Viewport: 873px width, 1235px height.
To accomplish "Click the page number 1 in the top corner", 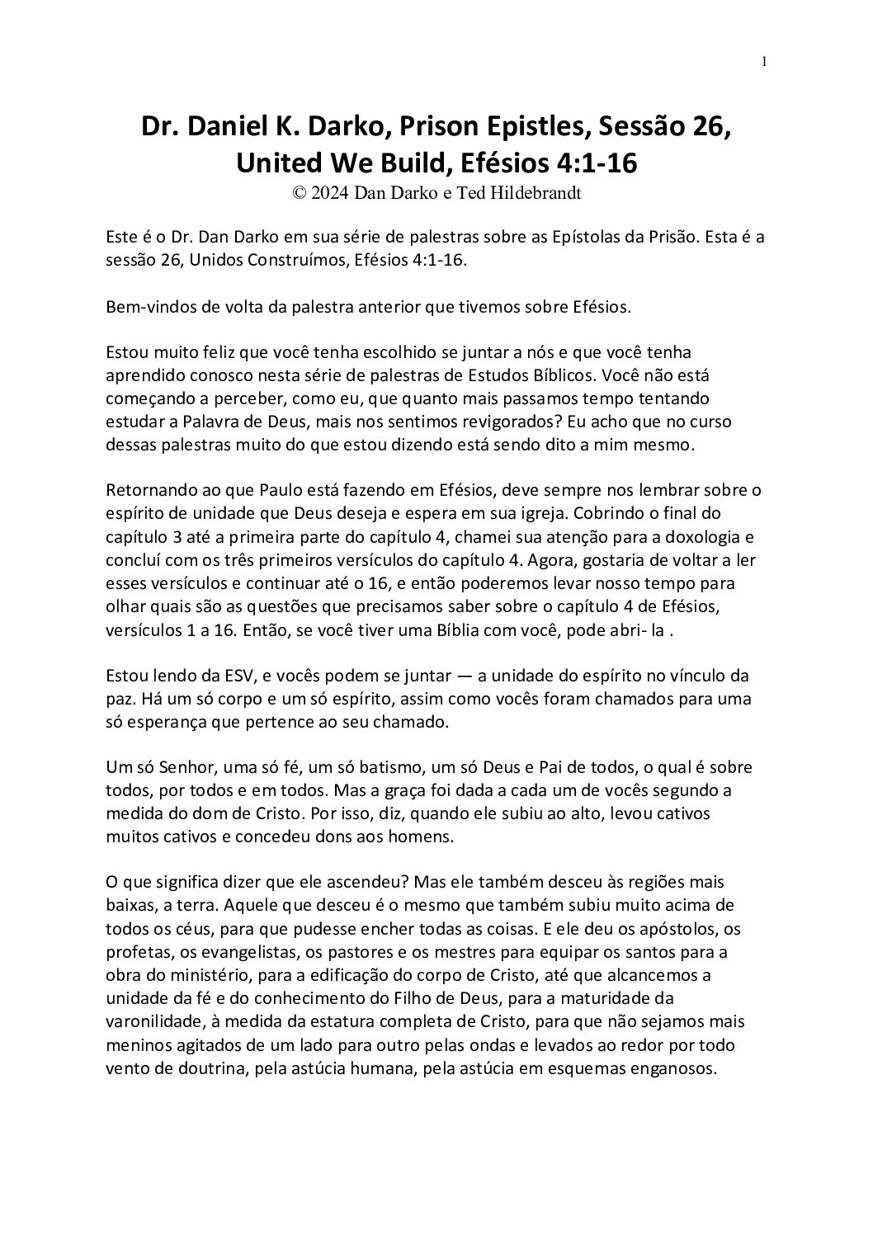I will coord(765,62).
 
